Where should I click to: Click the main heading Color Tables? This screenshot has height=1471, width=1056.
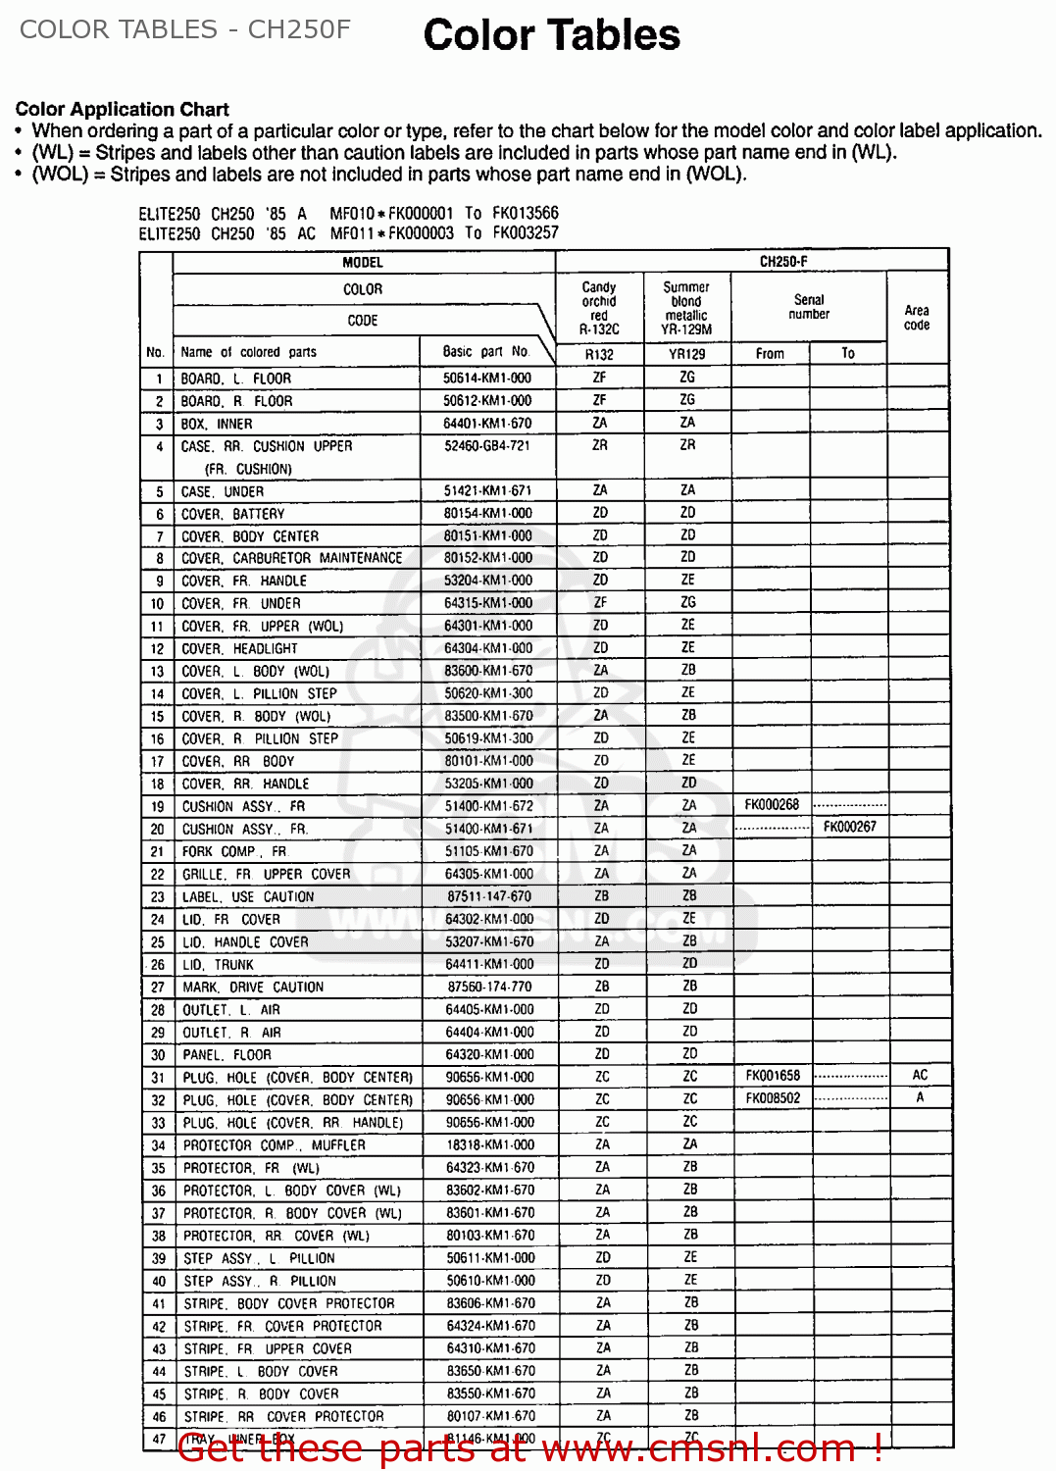pyautogui.click(x=551, y=35)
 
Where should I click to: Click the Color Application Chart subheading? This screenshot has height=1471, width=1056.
pyautogui.click(x=123, y=109)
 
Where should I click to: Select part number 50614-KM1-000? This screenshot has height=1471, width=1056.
pyautogui.click(x=487, y=379)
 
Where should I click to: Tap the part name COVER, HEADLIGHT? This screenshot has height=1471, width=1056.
pyautogui.click(x=239, y=649)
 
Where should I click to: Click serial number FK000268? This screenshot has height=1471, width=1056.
pyautogui.click(x=772, y=805)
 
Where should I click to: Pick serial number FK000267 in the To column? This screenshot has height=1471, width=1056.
pyautogui.click(x=849, y=828)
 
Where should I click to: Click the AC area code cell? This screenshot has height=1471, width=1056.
pyautogui.click(x=919, y=1076)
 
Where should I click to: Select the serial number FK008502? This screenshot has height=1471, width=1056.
pyautogui.click(x=773, y=1098)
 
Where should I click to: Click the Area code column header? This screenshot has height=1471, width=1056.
pyautogui.click(x=917, y=318)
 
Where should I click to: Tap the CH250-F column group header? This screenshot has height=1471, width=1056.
pyautogui.click(x=783, y=262)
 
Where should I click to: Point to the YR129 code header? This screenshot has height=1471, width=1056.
pyautogui.click(x=687, y=354)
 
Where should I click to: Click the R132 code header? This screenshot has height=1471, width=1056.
pyautogui.click(x=599, y=354)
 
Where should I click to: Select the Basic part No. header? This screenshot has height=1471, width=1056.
pyautogui.click(x=485, y=351)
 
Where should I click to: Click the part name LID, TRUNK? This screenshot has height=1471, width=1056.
pyautogui.click(x=218, y=965)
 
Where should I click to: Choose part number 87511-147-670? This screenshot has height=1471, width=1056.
pyautogui.click(x=488, y=896)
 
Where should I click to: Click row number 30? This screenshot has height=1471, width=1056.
pyautogui.click(x=157, y=1055)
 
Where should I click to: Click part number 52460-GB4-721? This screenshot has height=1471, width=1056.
pyautogui.click(x=486, y=446)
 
